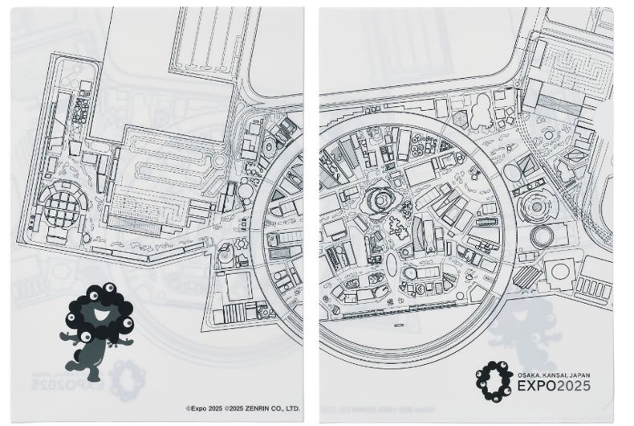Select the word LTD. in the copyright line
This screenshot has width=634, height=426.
coord(293,408)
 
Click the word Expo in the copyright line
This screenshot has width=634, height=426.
coord(197,408)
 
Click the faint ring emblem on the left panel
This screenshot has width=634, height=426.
coord(128,375)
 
